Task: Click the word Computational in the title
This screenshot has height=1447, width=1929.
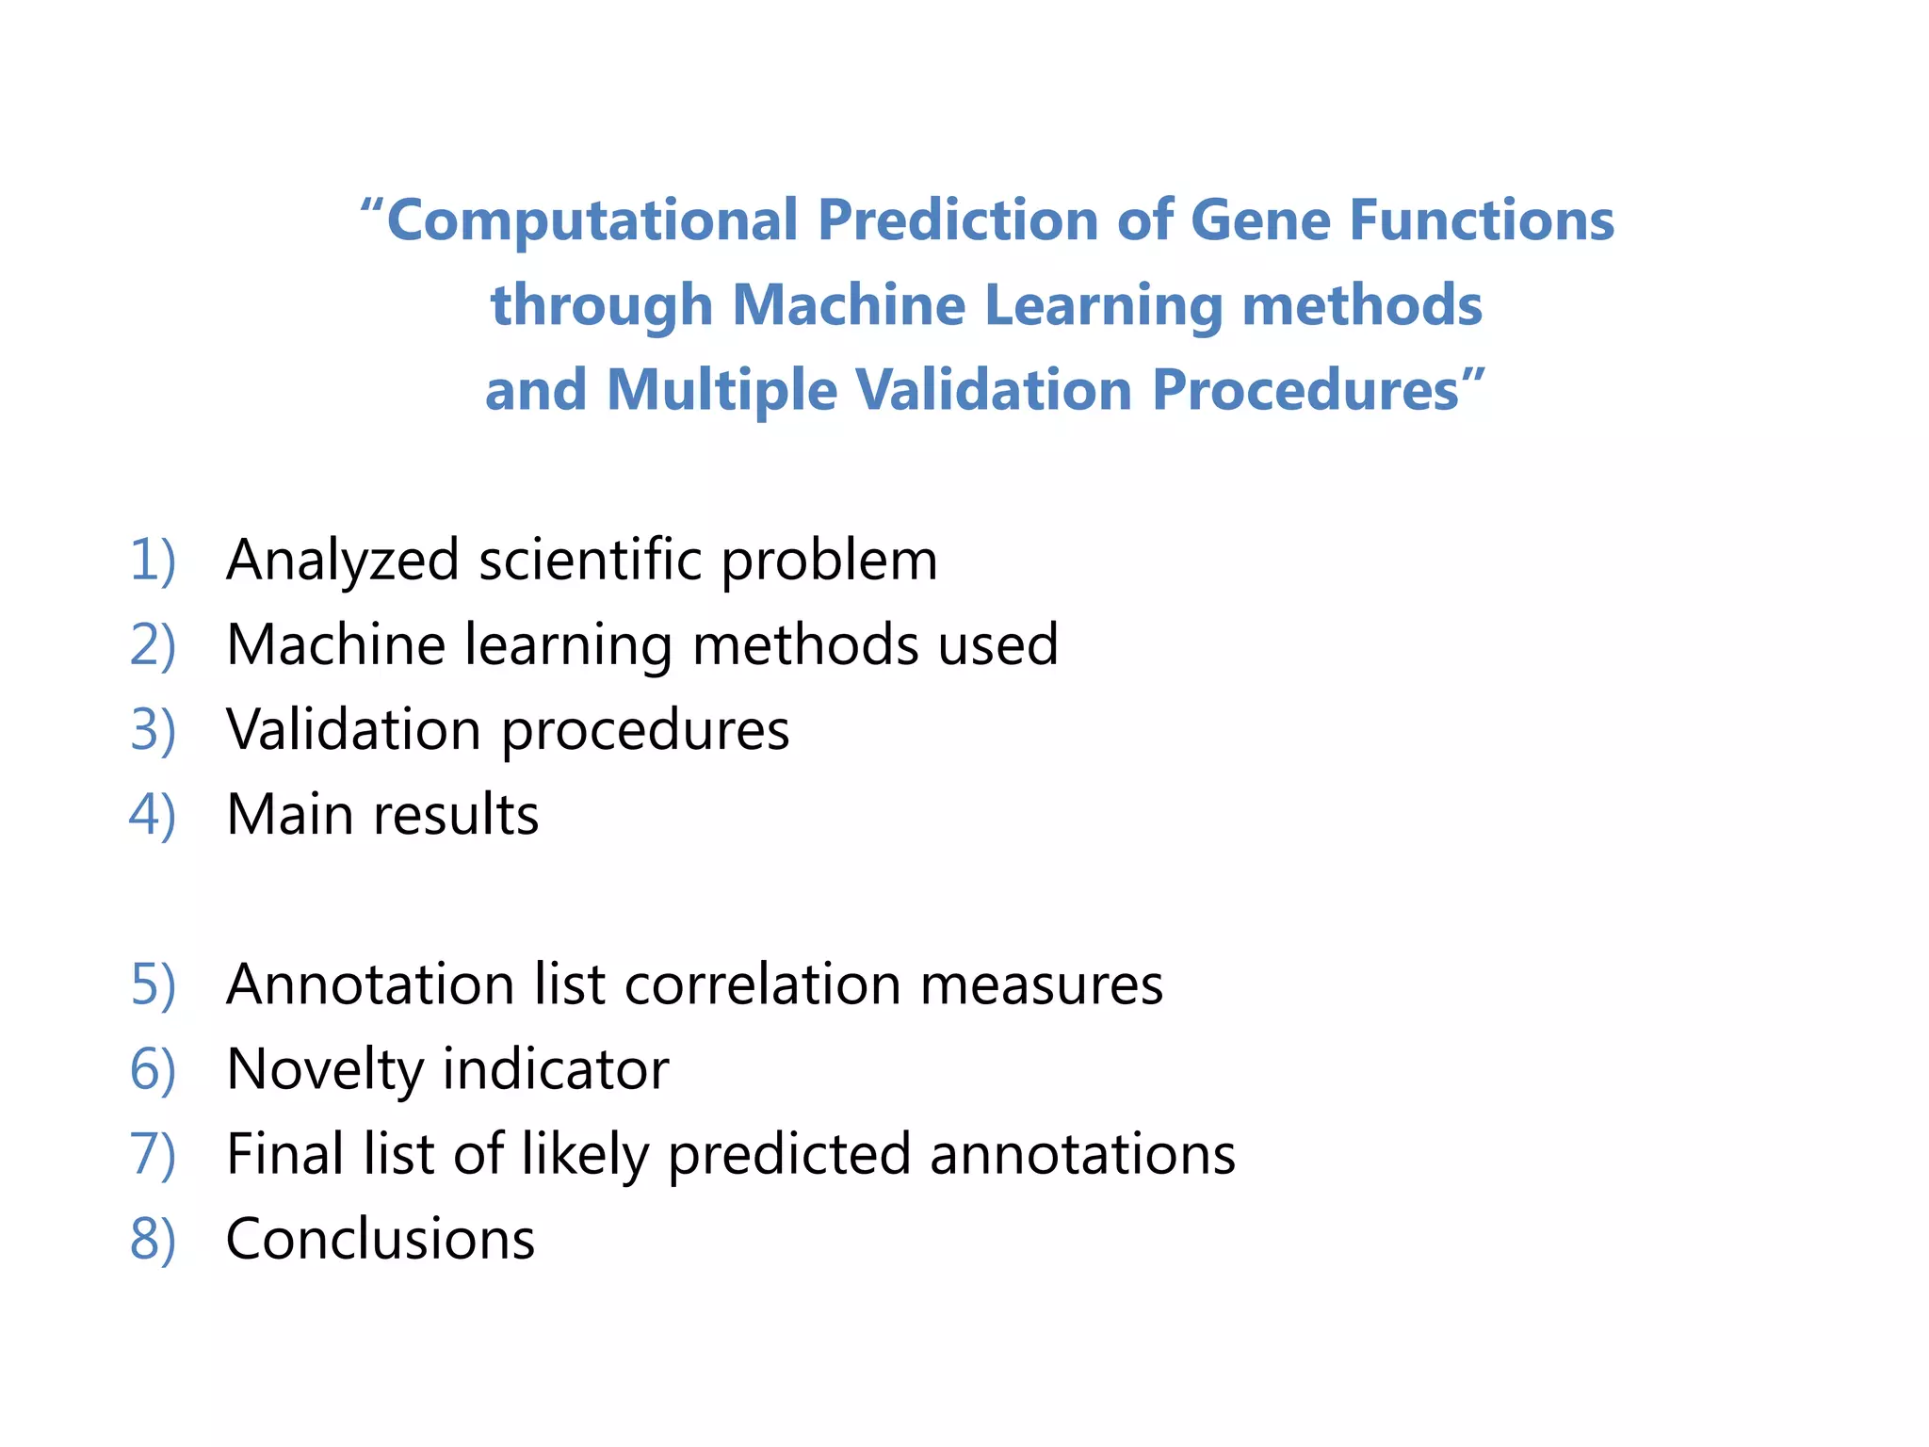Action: [x=592, y=220]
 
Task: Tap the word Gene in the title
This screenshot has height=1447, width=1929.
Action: [x=1259, y=220]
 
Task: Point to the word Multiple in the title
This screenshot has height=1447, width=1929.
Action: [x=721, y=390]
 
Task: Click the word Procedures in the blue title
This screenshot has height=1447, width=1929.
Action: [x=1305, y=390]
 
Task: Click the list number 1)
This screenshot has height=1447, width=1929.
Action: [x=153, y=561]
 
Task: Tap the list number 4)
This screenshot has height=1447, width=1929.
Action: [x=153, y=815]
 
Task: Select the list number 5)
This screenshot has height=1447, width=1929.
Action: [x=153, y=985]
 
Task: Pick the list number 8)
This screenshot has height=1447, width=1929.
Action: [x=153, y=1240]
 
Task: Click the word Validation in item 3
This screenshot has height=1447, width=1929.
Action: [x=354, y=730]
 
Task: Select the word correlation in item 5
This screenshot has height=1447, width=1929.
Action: [x=762, y=985]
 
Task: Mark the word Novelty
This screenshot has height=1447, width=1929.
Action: [x=325, y=1070]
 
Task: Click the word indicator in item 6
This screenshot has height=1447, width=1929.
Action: [x=556, y=1070]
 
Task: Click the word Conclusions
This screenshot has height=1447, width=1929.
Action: [x=381, y=1240]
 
